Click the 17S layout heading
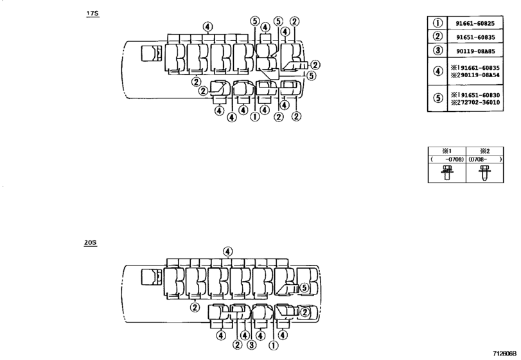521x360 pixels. pyautogui.click(x=93, y=14)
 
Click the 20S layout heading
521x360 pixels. pyautogui.click(x=91, y=242)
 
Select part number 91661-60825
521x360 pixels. pyautogui.click(x=475, y=23)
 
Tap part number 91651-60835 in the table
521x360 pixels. pyautogui.click(x=475, y=37)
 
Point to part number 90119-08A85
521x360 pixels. pyautogui.click(x=475, y=51)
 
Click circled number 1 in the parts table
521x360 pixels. pyautogui.click(x=438, y=23)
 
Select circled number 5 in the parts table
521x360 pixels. pyautogui.click(x=438, y=98)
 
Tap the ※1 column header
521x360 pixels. pyautogui.click(x=447, y=151)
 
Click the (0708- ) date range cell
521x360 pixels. pyautogui.click(x=485, y=159)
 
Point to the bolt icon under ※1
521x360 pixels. pyautogui.click(x=447, y=173)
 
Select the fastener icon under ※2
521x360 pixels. pyautogui.click(x=485, y=173)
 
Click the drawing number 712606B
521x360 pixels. pyautogui.click(x=505, y=354)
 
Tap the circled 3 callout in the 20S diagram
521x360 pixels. pyautogui.click(x=252, y=345)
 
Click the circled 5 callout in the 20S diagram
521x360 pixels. pyautogui.click(x=305, y=287)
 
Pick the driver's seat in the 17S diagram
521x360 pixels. pyautogui.click(x=152, y=53)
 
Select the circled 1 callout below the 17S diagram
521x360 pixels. pyautogui.click(x=255, y=116)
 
